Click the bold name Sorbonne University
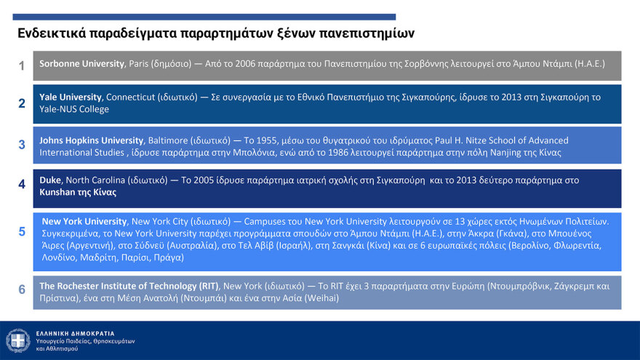click(x=81, y=64)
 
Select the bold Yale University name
click(x=71, y=97)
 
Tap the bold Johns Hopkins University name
click(x=92, y=140)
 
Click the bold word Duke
click(x=49, y=180)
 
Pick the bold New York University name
click(x=84, y=221)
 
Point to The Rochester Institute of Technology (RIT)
click(x=129, y=286)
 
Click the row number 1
click(x=22, y=65)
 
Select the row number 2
click(x=22, y=103)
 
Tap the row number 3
click(x=22, y=145)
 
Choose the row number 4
click(x=22, y=185)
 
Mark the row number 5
click(x=22, y=232)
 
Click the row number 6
click(x=22, y=289)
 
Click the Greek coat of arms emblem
click(x=18, y=340)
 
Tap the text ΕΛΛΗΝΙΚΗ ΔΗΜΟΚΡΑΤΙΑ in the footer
click(x=75, y=334)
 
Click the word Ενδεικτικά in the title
click(x=52, y=33)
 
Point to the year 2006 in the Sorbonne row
click(x=245, y=64)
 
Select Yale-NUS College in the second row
click(x=74, y=109)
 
